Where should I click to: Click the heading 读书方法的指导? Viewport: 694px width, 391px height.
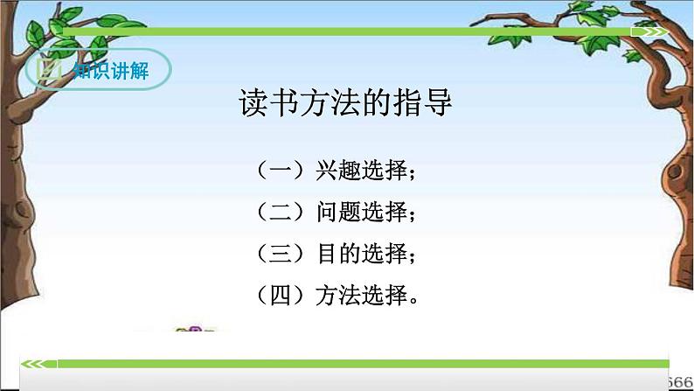345,104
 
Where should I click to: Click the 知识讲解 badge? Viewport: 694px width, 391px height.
97,70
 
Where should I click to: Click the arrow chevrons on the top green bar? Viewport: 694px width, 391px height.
651,31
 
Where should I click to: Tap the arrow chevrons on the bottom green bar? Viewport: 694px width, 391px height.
35,363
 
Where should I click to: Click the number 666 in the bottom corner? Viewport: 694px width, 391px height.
680,381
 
